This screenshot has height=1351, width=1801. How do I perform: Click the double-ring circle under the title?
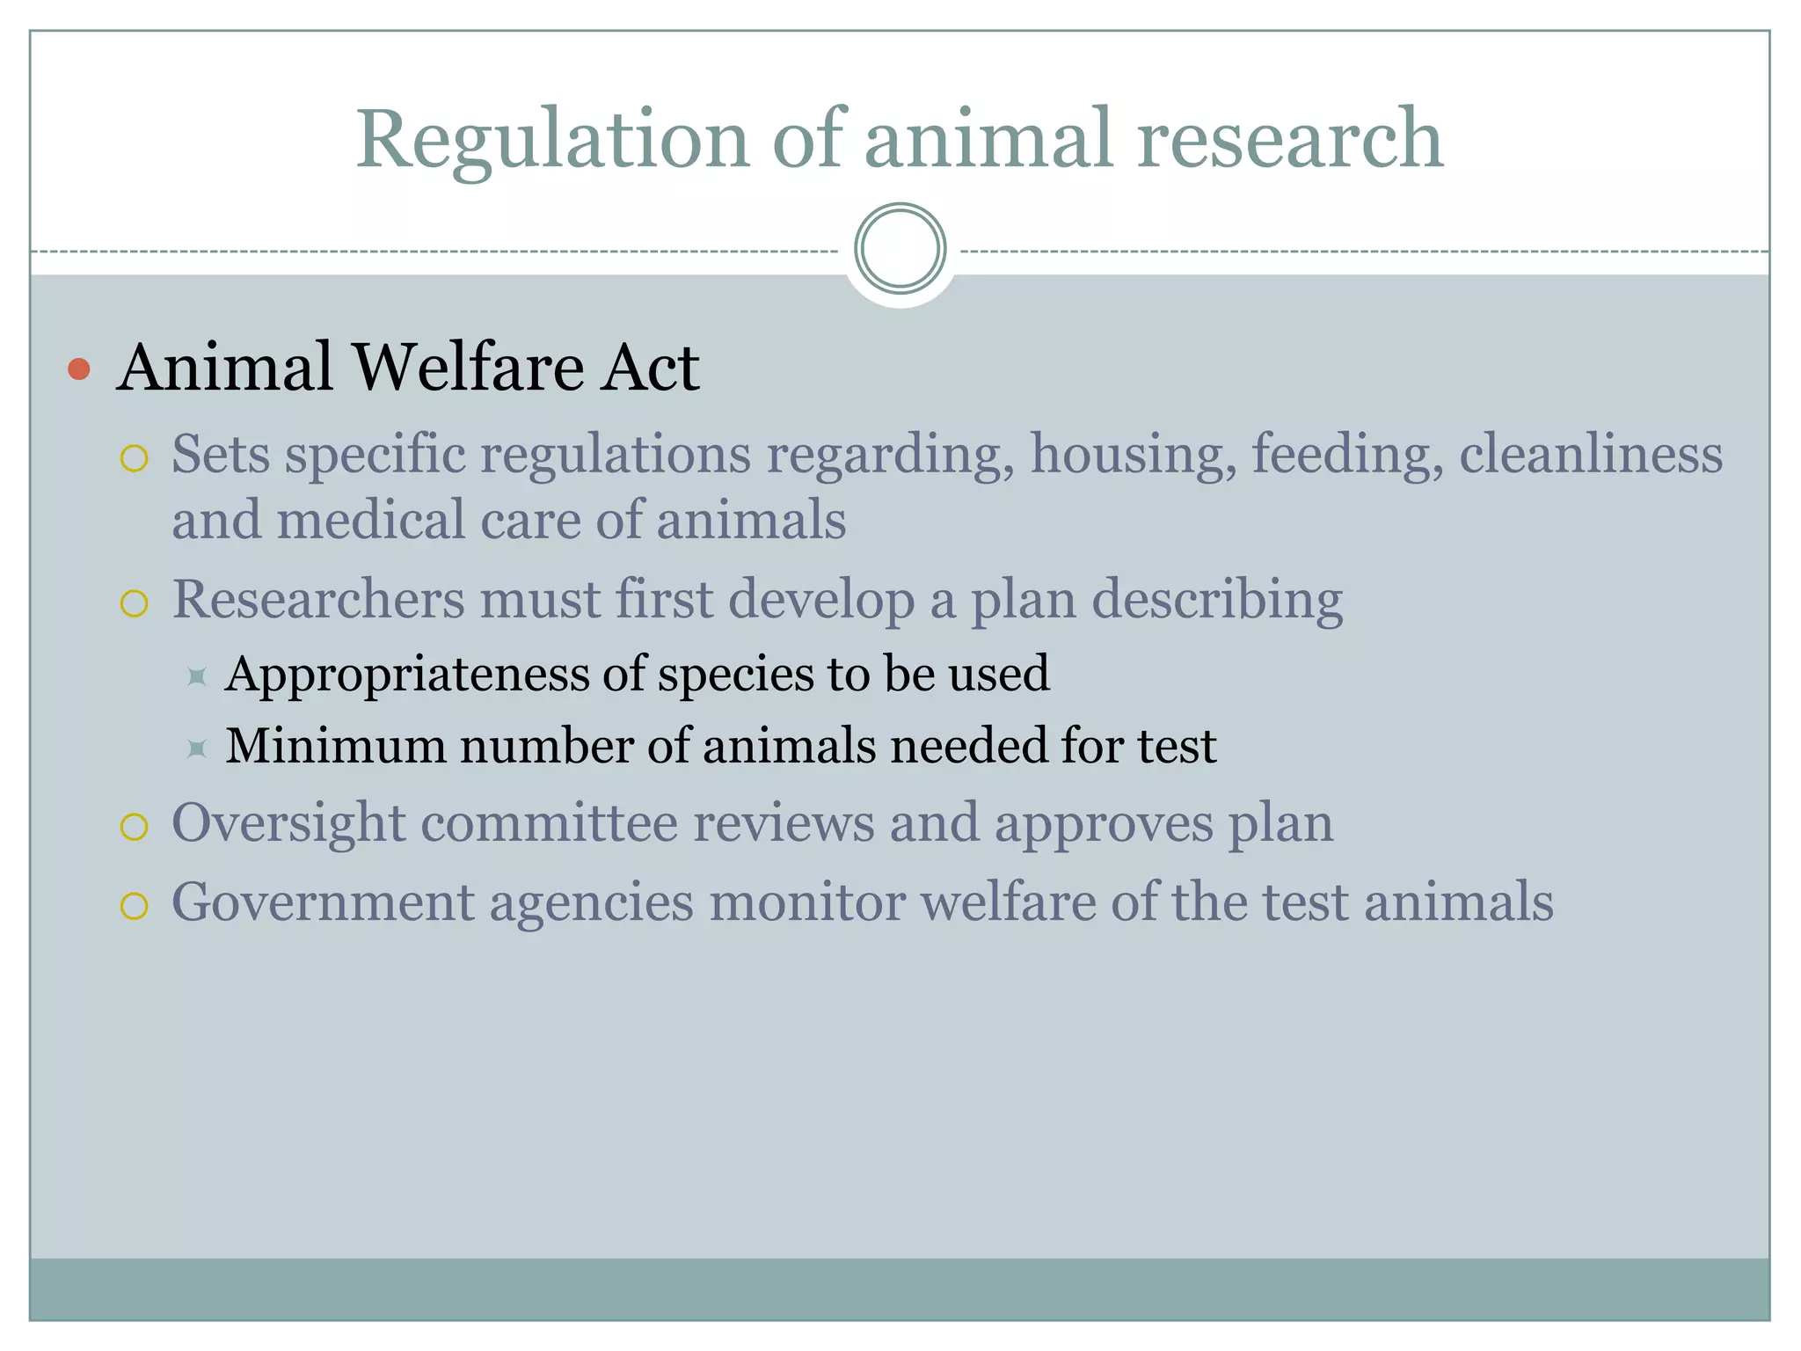(x=900, y=249)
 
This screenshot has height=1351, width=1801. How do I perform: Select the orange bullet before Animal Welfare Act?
(x=79, y=369)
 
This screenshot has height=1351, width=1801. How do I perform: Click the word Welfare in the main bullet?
(x=467, y=367)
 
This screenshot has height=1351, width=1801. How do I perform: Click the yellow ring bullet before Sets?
(x=134, y=458)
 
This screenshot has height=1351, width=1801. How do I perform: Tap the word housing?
(x=1134, y=456)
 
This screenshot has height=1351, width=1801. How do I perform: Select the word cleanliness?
(x=1591, y=454)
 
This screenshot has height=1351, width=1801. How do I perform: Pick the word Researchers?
(x=317, y=600)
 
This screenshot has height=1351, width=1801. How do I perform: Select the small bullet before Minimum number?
(x=197, y=749)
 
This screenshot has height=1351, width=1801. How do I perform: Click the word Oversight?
(x=288, y=825)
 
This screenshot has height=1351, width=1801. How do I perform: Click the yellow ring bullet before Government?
(x=134, y=905)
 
